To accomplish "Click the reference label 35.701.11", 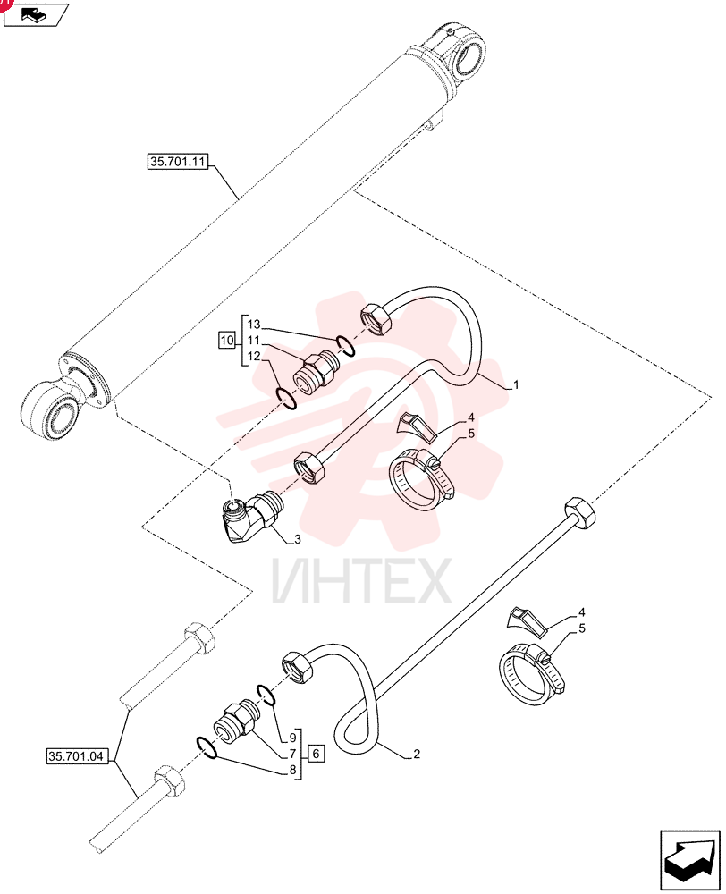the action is (x=177, y=162).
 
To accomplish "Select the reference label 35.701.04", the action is (x=76, y=756).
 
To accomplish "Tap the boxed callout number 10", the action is (x=227, y=341).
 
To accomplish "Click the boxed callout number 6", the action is (x=317, y=754).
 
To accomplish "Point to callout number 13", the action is (x=254, y=325).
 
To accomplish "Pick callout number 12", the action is (x=254, y=357).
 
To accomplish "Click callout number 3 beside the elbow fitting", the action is (x=297, y=539).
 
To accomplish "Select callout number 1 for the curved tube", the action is (x=516, y=384).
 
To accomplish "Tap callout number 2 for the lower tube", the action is (x=417, y=754).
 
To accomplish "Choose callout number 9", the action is (x=292, y=738).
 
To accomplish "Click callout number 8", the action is (x=292, y=771).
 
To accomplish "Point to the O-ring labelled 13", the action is (x=346, y=345).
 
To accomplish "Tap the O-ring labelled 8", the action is (x=206, y=747).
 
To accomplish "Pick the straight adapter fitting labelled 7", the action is (x=237, y=721).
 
